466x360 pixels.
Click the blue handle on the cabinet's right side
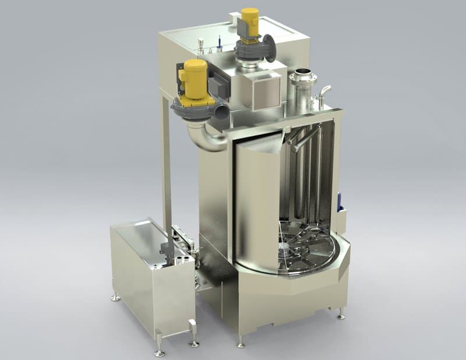pos(340,201)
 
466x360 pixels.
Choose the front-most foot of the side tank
pos(159,352)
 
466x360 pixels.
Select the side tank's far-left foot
pos(116,297)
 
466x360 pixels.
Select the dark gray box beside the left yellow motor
pos(218,86)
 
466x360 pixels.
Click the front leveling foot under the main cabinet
pos(241,344)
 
